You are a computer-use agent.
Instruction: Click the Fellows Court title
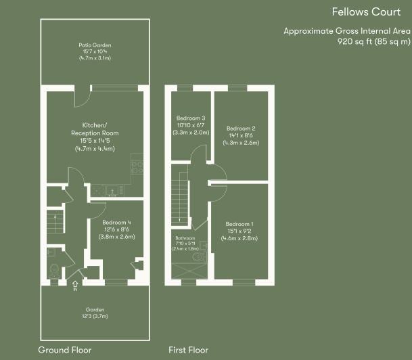click(366, 12)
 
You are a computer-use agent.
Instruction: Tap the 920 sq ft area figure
click(374, 41)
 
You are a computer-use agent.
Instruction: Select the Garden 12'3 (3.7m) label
click(95, 313)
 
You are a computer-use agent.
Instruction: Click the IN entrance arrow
click(75, 286)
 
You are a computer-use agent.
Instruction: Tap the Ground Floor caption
click(65, 350)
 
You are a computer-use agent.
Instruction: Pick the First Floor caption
click(188, 350)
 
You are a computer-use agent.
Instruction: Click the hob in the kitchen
click(137, 167)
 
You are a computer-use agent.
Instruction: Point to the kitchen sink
click(113, 190)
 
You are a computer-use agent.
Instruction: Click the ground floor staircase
click(55, 221)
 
